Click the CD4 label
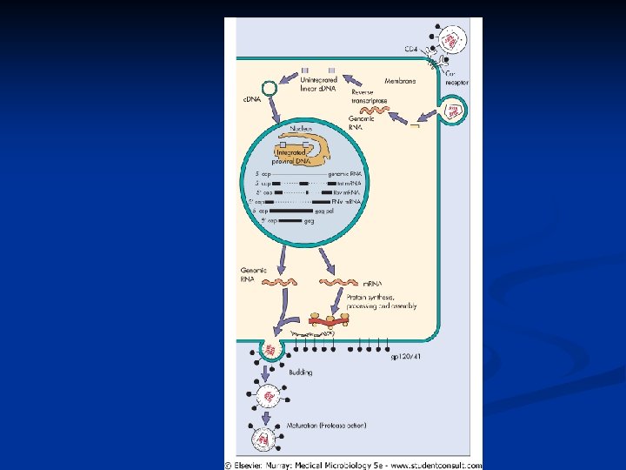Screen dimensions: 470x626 click(411, 47)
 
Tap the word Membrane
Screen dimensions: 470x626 click(400, 81)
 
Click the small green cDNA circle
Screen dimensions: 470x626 click(270, 87)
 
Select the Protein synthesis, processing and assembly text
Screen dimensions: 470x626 click(382, 301)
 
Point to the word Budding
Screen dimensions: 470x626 click(300, 372)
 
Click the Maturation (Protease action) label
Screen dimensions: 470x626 click(326, 426)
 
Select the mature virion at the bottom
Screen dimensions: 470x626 click(263, 440)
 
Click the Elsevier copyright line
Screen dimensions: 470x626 click(352, 463)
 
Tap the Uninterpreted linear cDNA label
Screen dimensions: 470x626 click(319, 83)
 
